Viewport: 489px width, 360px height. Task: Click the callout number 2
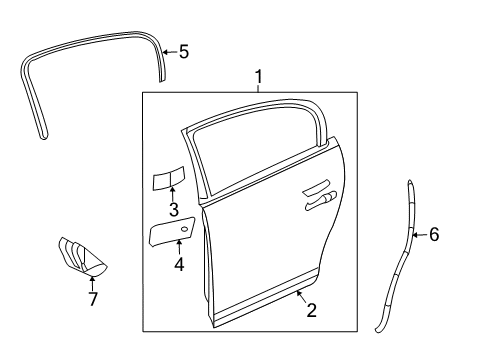coord(311,311)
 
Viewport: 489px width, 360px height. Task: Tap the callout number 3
coord(173,210)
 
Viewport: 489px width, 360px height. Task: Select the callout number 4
coord(179,265)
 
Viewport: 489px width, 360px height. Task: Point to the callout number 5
coord(183,52)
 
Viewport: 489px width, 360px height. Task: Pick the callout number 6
coord(433,235)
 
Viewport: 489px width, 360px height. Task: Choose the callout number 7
coord(92,299)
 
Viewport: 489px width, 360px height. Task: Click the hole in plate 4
coord(183,230)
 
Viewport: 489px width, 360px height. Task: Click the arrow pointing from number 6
coord(421,235)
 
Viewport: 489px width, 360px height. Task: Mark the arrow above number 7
coord(92,284)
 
